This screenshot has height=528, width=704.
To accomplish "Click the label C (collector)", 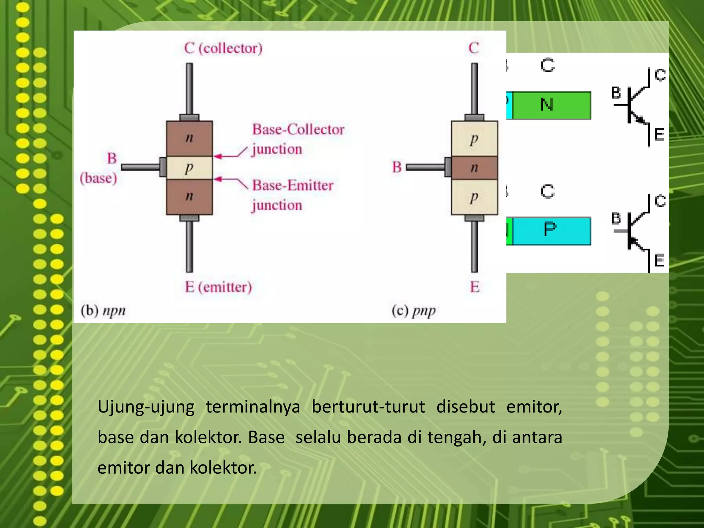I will coord(223,48).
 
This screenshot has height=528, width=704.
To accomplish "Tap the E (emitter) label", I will coord(218,287).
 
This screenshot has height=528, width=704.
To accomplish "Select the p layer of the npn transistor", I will coord(189,168).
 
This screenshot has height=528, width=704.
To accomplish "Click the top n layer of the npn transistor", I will coord(189,138).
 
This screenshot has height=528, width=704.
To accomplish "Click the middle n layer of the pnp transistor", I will coord(474,168).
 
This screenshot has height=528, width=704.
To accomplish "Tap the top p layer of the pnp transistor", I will coord(474,139).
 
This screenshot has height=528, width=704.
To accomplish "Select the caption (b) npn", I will coord(103,310).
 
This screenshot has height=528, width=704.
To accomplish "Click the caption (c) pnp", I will coord(414,311).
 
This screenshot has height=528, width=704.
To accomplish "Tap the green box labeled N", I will coord(551,105).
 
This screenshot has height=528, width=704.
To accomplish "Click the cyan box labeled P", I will coord(551,231).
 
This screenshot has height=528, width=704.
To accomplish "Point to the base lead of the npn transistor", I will coord(140,167).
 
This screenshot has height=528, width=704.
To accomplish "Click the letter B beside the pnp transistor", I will coord(397,167).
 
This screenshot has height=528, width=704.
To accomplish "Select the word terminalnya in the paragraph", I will coord(253,407).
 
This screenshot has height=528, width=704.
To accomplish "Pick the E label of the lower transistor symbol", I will coord(659,261).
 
